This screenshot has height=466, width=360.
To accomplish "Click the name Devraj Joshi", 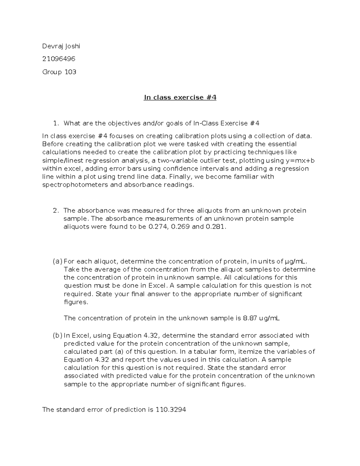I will pyautogui.click(x=61, y=46).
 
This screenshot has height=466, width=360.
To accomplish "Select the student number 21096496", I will pyautogui.click(x=59, y=59).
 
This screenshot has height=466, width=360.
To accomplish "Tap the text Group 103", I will pyautogui.click(x=59, y=72).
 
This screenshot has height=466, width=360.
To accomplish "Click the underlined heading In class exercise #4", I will pyautogui.click(x=180, y=98).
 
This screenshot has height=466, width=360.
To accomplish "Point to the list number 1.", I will pyautogui.click(x=55, y=123).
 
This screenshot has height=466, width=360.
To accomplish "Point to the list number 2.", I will pyautogui.click(x=55, y=211).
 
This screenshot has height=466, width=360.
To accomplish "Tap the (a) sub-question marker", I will pyautogui.click(x=57, y=261).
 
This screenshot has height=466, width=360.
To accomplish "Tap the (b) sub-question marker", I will pyautogui.click(x=57, y=335).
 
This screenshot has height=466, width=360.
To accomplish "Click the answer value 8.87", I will pyautogui.click(x=250, y=318).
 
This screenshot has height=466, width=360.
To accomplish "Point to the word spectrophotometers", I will pyautogui.click(x=75, y=185).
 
